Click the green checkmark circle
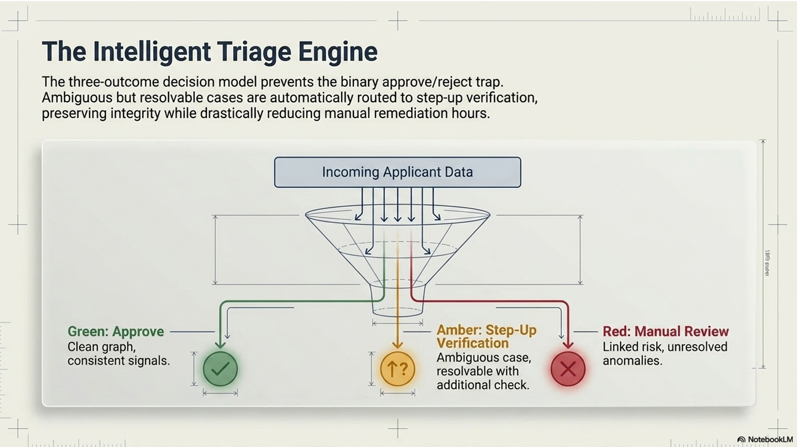point(220,369)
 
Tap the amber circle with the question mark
point(397,369)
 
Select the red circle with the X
point(568,369)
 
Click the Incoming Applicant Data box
point(397,172)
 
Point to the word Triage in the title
point(254,52)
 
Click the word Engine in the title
point(338,52)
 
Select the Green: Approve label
point(116,332)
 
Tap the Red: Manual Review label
point(666,332)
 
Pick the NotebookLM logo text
point(770,440)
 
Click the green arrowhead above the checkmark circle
point(220,345)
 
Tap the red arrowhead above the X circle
point(568,345)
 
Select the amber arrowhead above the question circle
point(397,345)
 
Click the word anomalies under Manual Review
point(632,360)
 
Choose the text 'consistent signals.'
point(119,360)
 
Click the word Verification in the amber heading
point(473,344)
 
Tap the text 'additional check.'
point(483,385)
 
